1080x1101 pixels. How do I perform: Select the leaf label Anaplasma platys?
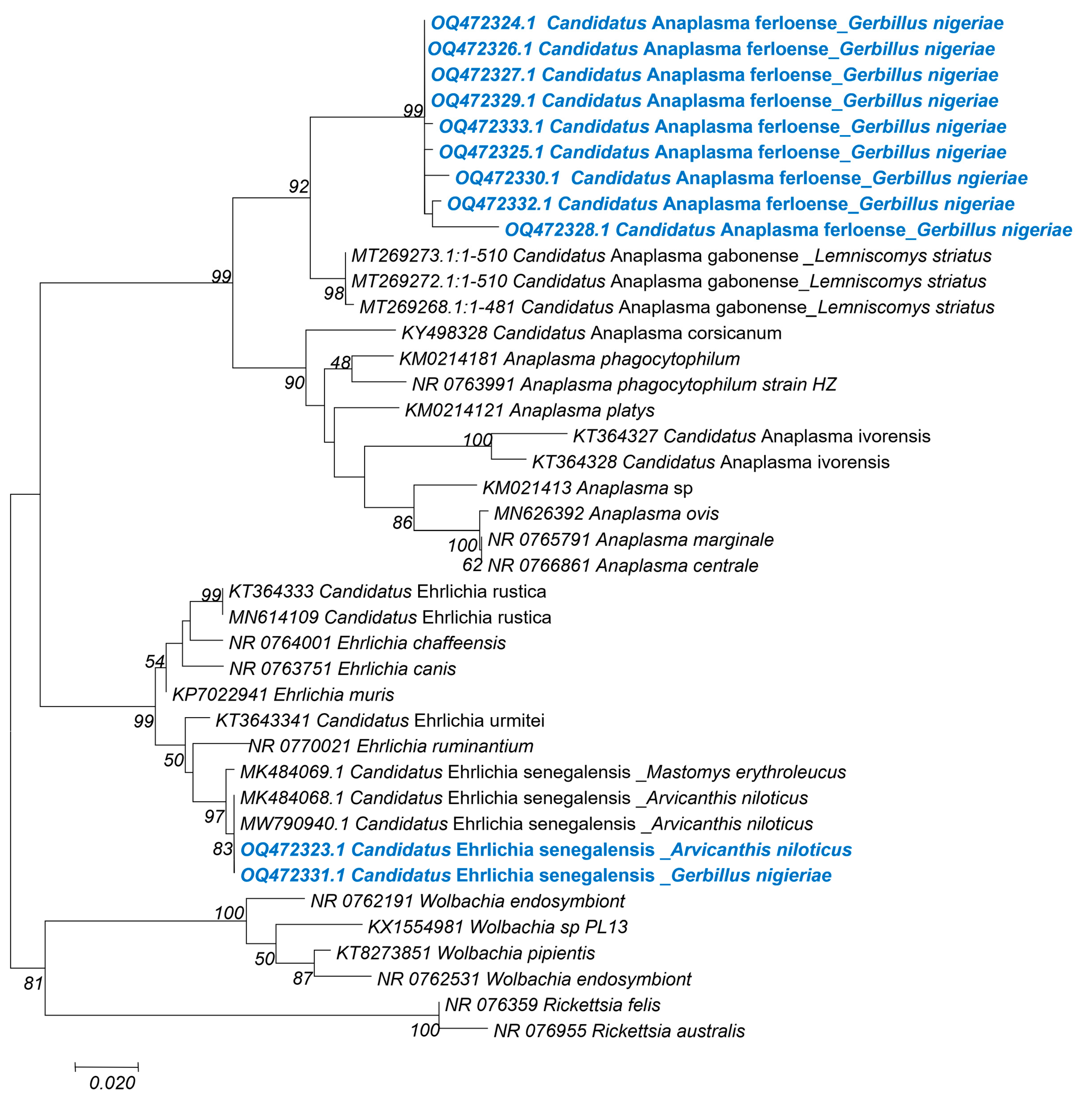[529, 410]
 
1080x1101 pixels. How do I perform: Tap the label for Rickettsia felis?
[552, 1005]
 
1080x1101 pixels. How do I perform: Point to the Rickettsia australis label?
[619, 1031]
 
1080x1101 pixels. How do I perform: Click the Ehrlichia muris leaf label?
[283, 694]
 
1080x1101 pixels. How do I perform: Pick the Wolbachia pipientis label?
[465, 953]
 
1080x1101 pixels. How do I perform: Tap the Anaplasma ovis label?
[606, 513]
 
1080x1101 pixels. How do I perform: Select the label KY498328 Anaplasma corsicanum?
[591, 333]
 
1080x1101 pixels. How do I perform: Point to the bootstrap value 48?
[340, 362]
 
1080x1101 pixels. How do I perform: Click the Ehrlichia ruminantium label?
[391, 746]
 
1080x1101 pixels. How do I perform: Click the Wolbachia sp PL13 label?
[498, 927]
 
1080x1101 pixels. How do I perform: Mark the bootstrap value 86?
[402, 522]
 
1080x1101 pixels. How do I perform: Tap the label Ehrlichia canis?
[343, 669]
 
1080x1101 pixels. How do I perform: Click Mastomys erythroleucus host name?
[746, 772]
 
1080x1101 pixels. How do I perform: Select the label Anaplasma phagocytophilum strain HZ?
[624, 385]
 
